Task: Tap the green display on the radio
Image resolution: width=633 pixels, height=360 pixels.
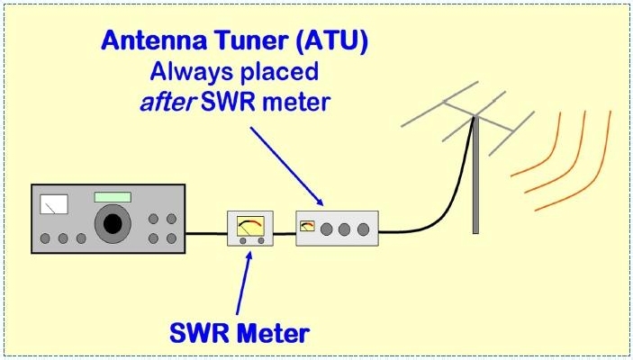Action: [x=112, y=196]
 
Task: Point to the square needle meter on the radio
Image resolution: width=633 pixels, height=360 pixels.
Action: [x=54, y=205]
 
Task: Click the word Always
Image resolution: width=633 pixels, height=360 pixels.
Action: [x=185, y=71]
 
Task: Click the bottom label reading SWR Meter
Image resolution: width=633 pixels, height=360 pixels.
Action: [x=240, y=333]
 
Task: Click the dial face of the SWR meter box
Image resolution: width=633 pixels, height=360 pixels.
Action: [x=249, y=226]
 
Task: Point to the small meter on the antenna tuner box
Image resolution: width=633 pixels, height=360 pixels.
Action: [x=308, y=227]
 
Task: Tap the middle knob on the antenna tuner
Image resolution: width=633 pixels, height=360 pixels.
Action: [x=345, y=229]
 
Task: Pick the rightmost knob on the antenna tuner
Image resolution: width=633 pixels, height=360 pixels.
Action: [x=363, y=229]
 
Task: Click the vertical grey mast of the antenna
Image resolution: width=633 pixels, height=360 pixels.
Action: [x=475, y=180]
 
